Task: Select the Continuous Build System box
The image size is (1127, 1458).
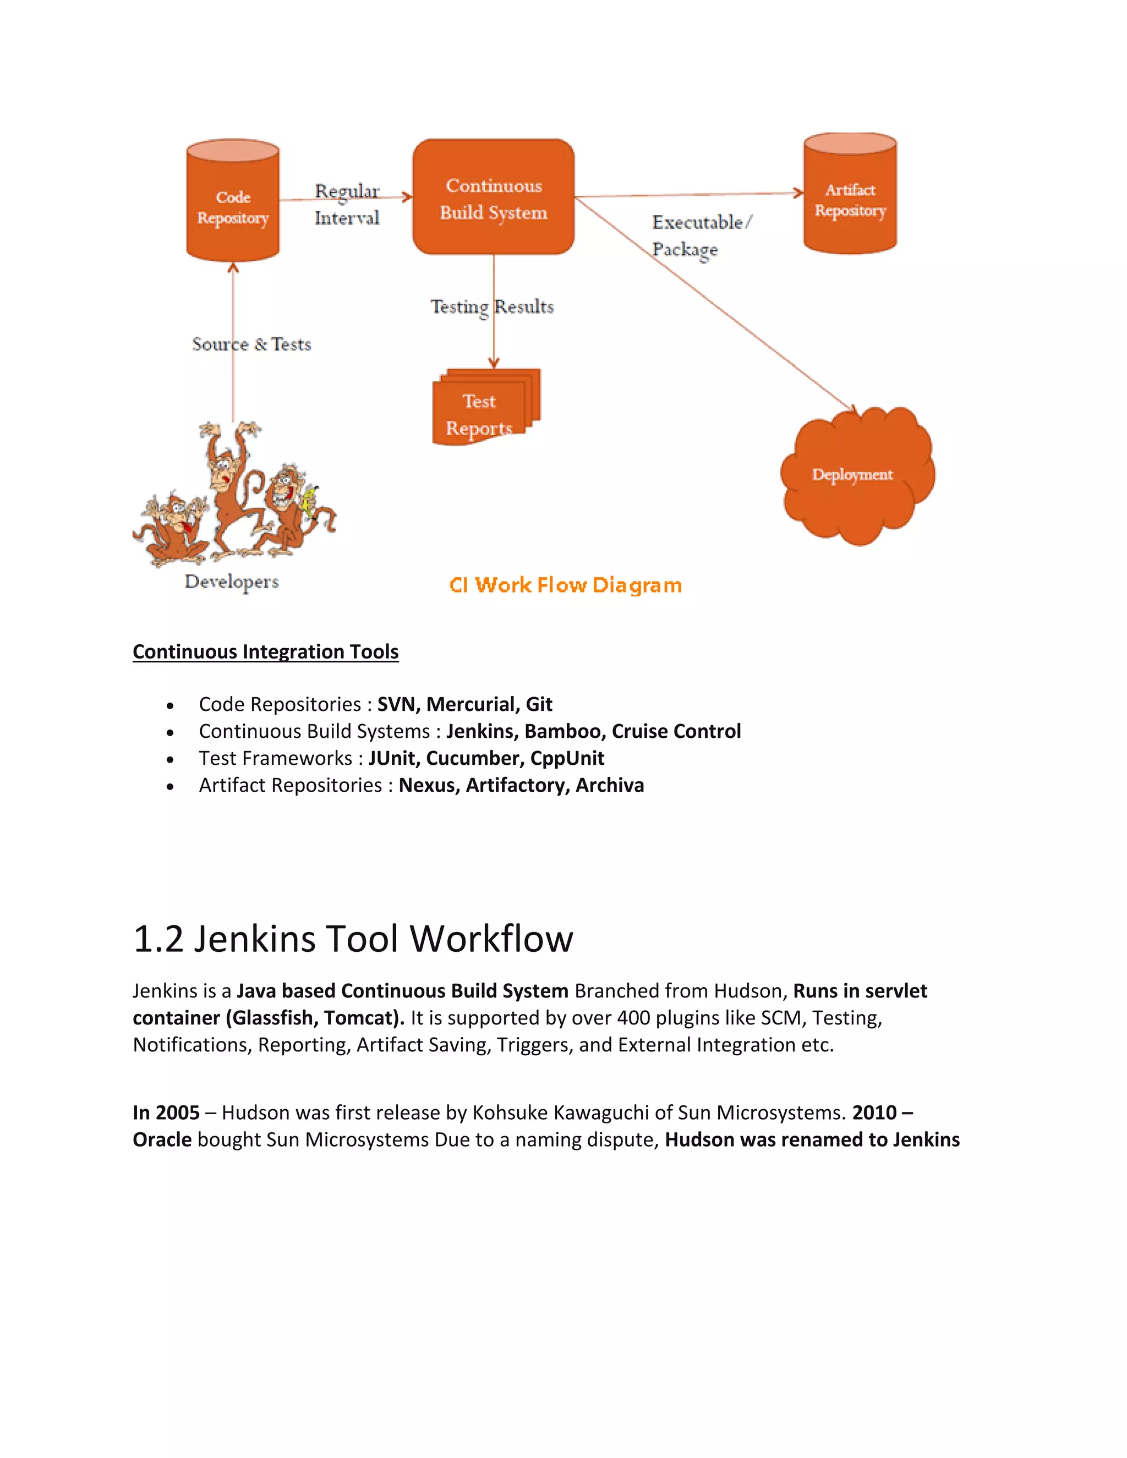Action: pyautogui.click(x=494, y=198)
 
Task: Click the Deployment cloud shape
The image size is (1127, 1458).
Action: pyautogui.click(x=857, y=475)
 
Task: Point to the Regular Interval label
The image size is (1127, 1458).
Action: pyautogui.click(x=347, y=204)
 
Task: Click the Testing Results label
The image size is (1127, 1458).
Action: pyautogui.click(x=492, y=307)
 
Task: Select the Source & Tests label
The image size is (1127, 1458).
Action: pyautogui.click(x=251, y=344)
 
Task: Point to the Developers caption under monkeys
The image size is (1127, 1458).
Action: pyautogui.click(x=232, y=582)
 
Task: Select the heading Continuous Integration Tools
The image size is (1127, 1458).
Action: pyautogui.click(x=266, y=651)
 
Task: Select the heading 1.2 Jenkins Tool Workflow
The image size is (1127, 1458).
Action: pyautogui.click(x=353, y=939)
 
